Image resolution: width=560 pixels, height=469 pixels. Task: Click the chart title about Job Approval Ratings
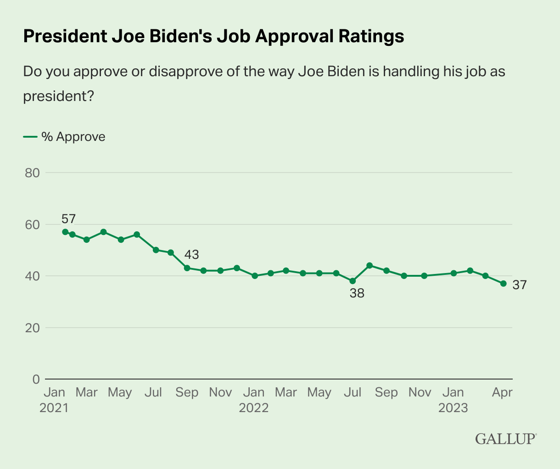coord(213,36)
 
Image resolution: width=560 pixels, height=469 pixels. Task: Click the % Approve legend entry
coord(64,137)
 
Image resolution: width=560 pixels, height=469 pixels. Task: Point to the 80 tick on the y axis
coord(32,173)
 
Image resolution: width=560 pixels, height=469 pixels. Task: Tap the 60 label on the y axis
coord(32,225)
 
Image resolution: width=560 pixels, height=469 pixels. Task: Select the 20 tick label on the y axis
coord(32,328)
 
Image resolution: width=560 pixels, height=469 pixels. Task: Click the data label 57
coord(68,219)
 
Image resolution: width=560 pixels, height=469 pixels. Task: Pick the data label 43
coord(191,254)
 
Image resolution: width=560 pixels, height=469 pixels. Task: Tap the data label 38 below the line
coord(357,294)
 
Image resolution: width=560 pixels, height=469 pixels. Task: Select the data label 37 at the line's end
coord(519,285)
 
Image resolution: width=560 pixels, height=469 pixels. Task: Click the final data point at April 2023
coord(503,284)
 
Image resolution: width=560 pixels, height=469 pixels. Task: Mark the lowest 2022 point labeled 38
coord(353,281)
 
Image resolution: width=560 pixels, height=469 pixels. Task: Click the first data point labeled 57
coord(65,232)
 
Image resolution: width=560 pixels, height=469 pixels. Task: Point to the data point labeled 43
coord(187,268)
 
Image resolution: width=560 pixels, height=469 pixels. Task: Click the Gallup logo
coord(505,438)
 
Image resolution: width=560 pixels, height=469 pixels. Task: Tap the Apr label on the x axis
coord(502,393)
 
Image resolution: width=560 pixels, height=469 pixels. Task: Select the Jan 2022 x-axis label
coord(253,400)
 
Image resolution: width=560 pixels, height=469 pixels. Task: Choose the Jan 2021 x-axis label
coord(54,400)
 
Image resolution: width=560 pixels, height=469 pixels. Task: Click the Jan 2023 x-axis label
coord(453,400)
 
